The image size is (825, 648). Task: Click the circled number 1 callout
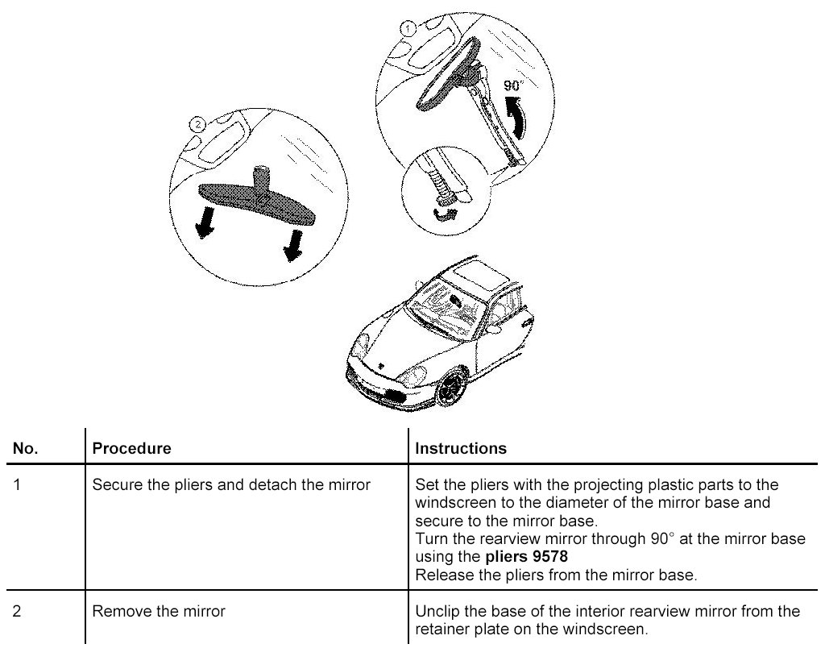[x=408, y=28]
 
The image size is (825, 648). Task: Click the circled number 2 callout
[x=195, y=124]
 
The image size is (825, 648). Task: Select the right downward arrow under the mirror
[x=291, y=244]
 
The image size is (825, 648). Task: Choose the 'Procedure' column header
[x=132, y=448]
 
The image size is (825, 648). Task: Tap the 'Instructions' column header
[x=461, y=448]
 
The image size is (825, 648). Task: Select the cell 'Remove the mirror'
[x=160, y=612]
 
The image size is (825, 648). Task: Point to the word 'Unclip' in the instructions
[x=436, y=612]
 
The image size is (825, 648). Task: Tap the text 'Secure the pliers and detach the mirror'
[x=232, y=485]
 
